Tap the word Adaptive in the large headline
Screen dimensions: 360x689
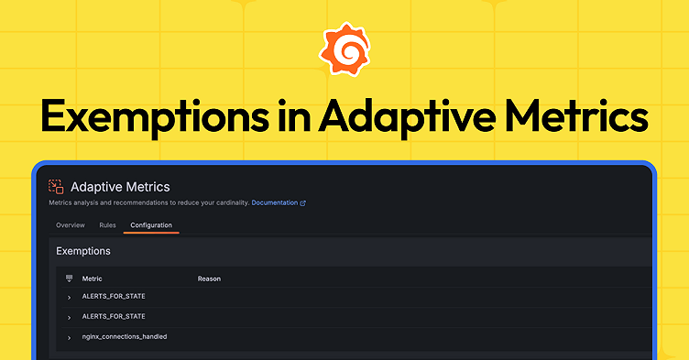(x=403, y=119)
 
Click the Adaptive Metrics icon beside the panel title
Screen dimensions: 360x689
(x=56, y=186)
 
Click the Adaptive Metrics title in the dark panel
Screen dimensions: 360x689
(x=120, y=187)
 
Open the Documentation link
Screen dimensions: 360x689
(x=274, y=202)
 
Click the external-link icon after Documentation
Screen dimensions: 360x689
(x=303, y=202)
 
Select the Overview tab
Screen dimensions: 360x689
(x=71, y=224)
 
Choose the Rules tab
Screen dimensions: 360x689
(x=107, y=224)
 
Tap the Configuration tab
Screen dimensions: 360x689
(x=151, y=224)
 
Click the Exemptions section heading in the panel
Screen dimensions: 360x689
(x=83, y=250)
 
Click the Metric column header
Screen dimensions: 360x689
(x=93, y=278)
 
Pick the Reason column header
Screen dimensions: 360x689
(x=209, y=278)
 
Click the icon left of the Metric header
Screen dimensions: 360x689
(x=69, y=278)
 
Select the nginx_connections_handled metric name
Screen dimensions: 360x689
(x=125, y=337)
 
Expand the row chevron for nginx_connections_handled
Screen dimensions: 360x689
(x=69, y=338)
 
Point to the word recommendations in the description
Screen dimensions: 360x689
(x=137, y=202)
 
